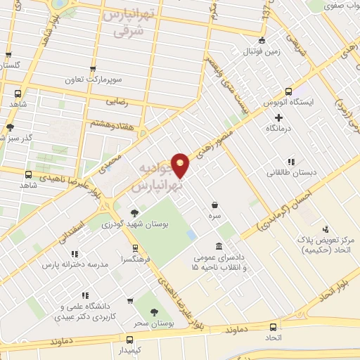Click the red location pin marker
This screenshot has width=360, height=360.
click(x=181, y=165)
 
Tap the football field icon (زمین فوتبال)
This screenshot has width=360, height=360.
click(x=262, y=40)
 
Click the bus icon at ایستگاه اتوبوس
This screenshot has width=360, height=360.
click(x=289, y=91)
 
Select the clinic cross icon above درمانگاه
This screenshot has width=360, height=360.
click(x=279, y=117)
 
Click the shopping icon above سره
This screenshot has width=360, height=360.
click(x=214, y=205)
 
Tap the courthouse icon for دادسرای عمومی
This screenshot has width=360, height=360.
click(x=219, y=245)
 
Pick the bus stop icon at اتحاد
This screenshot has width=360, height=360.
click(x=274, y=327)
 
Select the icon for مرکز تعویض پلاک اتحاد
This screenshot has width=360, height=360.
click(x=326, y=229)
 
